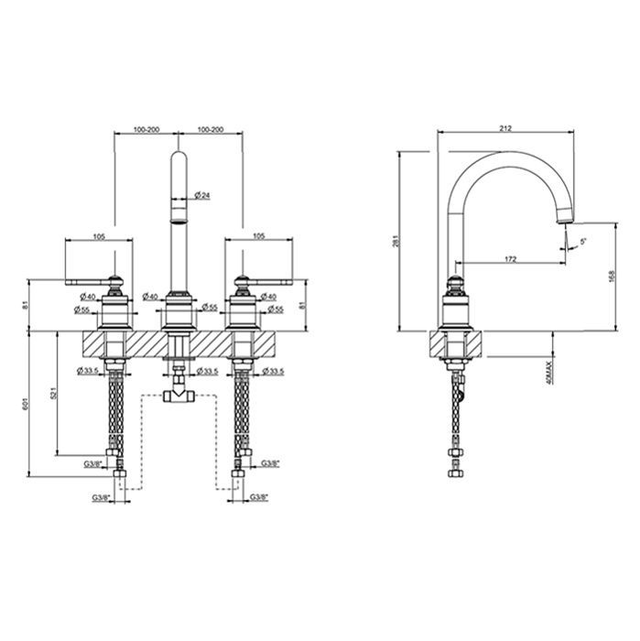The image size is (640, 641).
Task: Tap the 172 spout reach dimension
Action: (x=510, y=259)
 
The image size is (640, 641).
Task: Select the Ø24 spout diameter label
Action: (x=203, y=195)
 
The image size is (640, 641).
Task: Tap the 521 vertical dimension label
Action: (x=58, y=393)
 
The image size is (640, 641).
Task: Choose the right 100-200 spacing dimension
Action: (x=210, y=130)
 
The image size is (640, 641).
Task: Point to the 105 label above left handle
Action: (x=100, y=236)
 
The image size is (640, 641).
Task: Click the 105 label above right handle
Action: (x=257, y=236)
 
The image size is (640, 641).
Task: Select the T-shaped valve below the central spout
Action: (x=177, y=397)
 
